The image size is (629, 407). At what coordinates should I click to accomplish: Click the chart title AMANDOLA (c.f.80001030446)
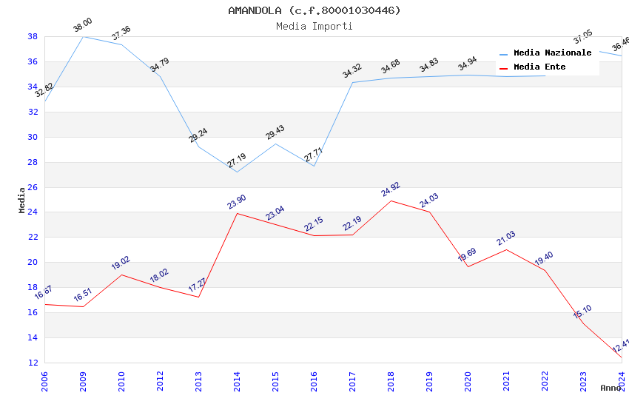[x=314, y=10]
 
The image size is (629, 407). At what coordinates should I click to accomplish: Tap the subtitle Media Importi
[x=314, y=26]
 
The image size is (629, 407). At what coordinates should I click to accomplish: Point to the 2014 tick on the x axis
[x=237, y=379]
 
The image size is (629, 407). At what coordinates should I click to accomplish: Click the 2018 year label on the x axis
[x=391, y=379]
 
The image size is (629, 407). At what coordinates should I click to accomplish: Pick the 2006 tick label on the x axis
[x=44, y=379]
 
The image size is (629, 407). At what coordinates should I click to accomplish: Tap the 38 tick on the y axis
[x=33, y=36]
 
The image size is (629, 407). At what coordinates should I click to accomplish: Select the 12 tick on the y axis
[x=33, y=363]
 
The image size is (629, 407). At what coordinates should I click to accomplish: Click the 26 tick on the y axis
[x=33, y=187]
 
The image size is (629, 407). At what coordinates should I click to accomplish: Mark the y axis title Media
[x=22, y=200]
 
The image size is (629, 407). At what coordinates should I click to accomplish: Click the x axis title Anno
[x=610, y=388]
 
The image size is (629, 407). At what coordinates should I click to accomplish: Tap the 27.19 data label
[x=237, y=161]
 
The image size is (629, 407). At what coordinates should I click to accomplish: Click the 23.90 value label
[x=237, y=202]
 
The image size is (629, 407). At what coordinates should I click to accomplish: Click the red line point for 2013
[x=198, y=297]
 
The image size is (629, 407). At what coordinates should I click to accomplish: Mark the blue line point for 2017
[x=352, y=82]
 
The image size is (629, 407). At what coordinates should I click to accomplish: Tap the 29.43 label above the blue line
[x=275, y=132]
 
